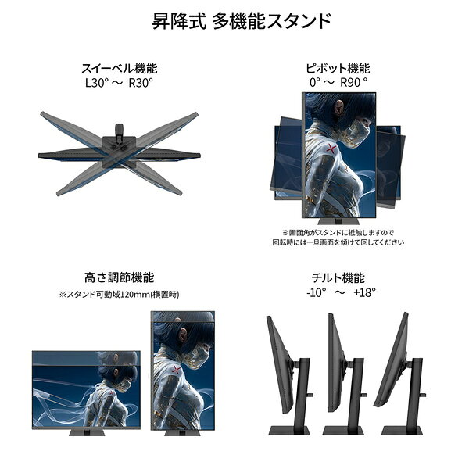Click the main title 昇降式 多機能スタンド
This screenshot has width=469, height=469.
pos(242,21)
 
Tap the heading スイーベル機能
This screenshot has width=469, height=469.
pos(120,68)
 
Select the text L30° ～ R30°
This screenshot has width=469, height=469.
pos(120,83)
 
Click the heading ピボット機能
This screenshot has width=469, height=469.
pos(338,68)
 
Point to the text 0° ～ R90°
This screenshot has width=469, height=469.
pos(338,82)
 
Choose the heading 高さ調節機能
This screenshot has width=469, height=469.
pos(120,277)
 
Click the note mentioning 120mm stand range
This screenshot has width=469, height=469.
pos(119,295)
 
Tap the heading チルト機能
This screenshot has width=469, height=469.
pos(338,277)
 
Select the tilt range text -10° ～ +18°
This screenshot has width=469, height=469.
pos(341,292)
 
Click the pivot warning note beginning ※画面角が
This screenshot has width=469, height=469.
pos(338,237)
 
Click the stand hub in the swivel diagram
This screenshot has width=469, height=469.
pos(119,146)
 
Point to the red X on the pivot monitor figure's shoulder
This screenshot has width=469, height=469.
pos(331,148)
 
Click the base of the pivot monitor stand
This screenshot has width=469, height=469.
pos(338,221)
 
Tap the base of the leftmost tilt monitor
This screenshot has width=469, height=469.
pos(289,431)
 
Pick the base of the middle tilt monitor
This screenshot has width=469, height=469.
pos(343,431)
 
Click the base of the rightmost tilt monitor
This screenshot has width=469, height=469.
pos(403,431)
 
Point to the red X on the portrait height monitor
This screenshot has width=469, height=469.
pos(176,370)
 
